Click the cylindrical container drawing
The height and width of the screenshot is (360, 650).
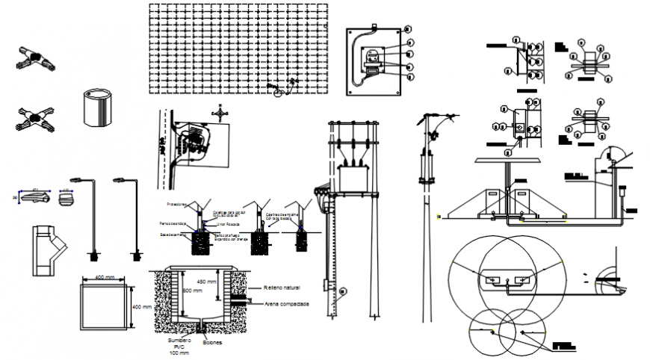[x=96, y=108]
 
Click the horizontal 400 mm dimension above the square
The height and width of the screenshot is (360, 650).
[x=105, y=277]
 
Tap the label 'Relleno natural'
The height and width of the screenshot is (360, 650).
[x=282, y=288]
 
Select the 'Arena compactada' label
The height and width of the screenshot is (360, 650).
[x=286, y=304]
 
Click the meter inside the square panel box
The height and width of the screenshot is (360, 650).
[x=371, y=60]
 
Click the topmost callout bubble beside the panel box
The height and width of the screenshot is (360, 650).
[x=408, y=29]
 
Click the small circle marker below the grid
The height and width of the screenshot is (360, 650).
[x=279, y=93]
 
